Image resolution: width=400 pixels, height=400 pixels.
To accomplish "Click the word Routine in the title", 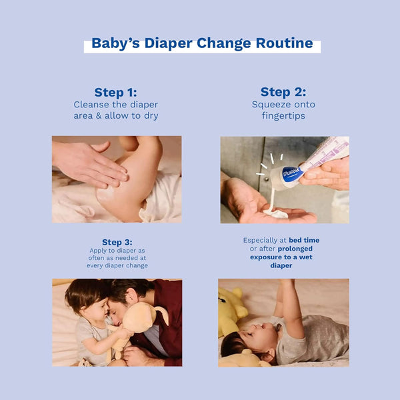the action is [x=284, y=43].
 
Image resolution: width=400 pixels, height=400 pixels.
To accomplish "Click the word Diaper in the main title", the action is [x=169, y=43].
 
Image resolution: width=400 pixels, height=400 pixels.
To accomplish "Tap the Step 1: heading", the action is [x=115, y=93].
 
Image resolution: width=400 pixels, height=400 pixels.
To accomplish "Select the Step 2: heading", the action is [x=283, y=92].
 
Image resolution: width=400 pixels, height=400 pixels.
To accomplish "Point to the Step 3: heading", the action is [x=117, y=242].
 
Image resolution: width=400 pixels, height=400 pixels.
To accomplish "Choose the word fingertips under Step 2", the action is [x=283, y=116].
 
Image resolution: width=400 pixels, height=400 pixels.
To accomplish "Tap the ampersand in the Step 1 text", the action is [x=99, y=116].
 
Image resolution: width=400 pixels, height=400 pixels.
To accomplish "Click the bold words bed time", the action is [x=304, y=240].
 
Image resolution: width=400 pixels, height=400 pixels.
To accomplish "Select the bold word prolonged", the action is [x=295, y=249].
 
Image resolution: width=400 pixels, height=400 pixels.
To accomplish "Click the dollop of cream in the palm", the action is [x=275, y=213].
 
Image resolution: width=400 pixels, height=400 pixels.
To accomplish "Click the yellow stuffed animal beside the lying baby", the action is [x=231, y=310].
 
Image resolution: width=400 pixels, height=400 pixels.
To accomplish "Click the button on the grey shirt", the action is [x=266, y=179].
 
